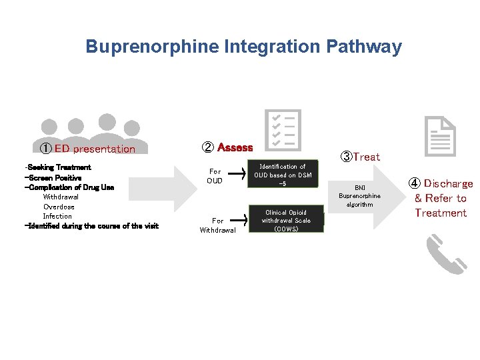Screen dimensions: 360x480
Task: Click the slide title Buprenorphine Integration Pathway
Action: (243, 47)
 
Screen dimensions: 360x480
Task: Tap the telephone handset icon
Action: (446, 254)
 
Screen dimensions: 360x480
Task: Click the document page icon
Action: (440, 136)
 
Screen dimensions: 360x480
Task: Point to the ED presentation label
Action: (87, 149)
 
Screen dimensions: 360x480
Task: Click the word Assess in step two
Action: (235, 147)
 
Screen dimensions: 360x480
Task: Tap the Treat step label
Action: (360, 157)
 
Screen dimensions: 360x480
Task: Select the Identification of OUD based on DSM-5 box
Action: (283, 175)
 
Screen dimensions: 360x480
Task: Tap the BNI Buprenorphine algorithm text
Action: (359, 196)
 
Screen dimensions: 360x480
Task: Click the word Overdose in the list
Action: (59, 207)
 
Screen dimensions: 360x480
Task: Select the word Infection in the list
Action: (57, 216)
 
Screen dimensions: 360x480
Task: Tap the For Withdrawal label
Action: (217, 225)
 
